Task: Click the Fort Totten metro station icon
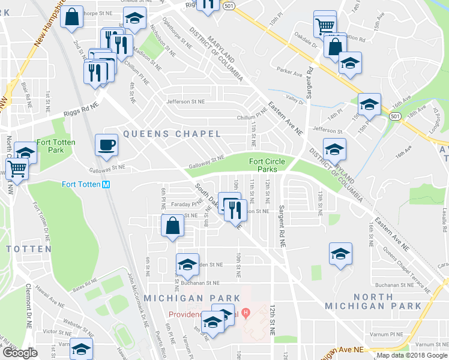point(106,184)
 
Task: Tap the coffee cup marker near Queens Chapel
point(107,145)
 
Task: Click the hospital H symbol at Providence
point(246,313)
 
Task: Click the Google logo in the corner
point(20,353)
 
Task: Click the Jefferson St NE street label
point(178,102)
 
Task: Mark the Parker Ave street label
point(289,74)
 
